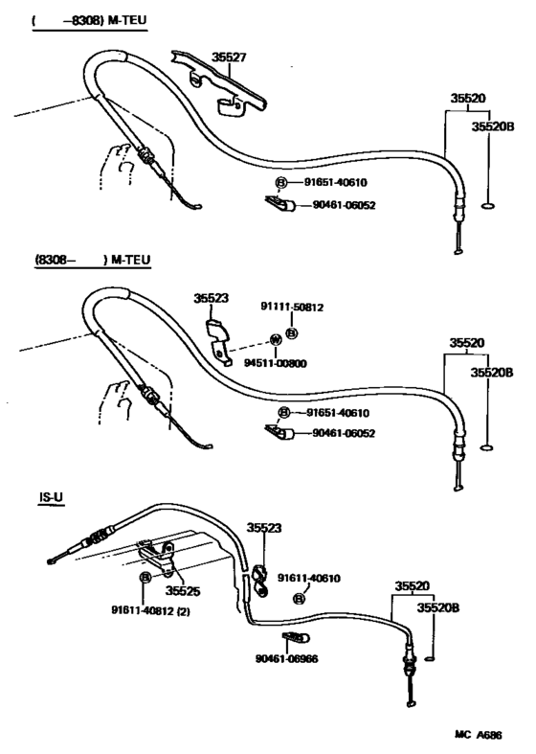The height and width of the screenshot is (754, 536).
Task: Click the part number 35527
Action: [229, 57]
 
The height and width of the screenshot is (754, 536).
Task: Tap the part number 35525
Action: [183, 590]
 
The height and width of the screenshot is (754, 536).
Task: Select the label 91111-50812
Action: [292, 307]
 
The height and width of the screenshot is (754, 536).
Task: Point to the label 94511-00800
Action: [276, 363]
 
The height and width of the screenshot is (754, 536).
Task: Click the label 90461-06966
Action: [287, 658]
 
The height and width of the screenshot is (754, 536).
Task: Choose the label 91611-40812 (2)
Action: [150, 611]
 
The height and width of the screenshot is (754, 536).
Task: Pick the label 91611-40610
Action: [309, 578]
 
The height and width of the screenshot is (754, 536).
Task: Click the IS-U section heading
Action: [52, 498]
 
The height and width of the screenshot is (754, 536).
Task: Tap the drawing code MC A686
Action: [479, 735]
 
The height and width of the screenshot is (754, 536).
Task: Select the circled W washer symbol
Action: [276, 340]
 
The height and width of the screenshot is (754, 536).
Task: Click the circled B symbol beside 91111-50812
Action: [292, 333]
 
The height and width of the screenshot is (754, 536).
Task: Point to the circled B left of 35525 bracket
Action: [145, 578]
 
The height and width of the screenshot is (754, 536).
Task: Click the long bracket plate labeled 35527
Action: [218, 83]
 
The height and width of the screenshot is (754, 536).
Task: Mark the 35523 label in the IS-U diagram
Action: [264, 528]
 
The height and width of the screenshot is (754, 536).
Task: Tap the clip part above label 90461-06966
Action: [296, 639]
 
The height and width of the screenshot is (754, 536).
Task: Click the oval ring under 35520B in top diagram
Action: [487, 206]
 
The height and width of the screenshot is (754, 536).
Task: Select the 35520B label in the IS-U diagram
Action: [438, 607]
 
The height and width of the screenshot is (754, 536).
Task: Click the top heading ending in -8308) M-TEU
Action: [89, 21]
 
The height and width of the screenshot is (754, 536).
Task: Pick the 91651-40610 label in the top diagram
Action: [336, 182]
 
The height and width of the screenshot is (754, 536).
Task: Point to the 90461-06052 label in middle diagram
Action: [344, 433]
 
